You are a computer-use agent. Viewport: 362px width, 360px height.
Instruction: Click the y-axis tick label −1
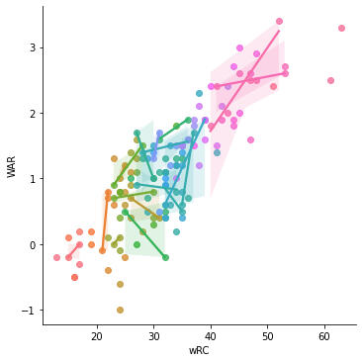pos(30,311)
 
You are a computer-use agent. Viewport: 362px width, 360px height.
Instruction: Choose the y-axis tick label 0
pos(33,245)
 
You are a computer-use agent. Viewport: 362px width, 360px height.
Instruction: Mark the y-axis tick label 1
pos(33,179)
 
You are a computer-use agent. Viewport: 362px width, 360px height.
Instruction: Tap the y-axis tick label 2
pos(33,114)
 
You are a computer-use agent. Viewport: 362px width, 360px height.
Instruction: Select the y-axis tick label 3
pos(33,47)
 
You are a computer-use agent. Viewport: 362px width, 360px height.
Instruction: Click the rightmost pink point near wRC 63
pos(341,28)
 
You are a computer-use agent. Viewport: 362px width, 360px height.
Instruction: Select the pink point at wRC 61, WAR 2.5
pos(330,80)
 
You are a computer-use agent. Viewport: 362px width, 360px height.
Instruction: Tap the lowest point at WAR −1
pos(120,310)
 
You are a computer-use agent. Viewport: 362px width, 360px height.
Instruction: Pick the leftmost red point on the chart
pos(56,257)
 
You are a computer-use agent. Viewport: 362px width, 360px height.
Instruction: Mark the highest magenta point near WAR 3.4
pos(279,21)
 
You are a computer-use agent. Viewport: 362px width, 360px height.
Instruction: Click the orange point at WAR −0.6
pos(120,284)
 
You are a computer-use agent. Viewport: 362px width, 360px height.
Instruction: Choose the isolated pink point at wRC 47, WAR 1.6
pos(250,139)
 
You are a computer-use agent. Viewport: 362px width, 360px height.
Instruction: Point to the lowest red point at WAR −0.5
pos(74,277)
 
